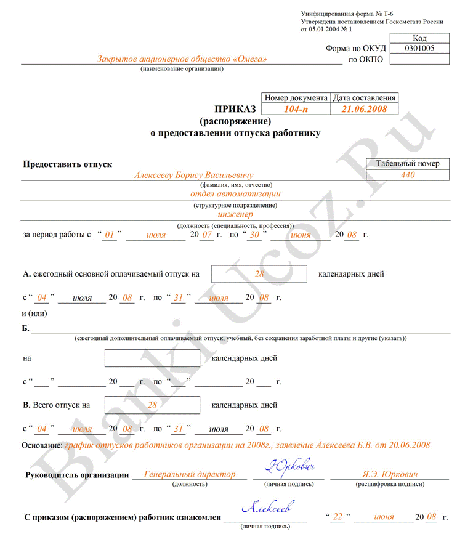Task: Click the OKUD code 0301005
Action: click(x=419, y=49)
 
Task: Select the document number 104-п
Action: click(x=296, y=109)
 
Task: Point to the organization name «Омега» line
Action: click(x=182, y=59)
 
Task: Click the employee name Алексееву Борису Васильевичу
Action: click(x=194, y=176)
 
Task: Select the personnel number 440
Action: click(x=408, y=175)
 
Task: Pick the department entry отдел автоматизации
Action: click(x=235, y=194)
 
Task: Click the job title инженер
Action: click(x=235, y=214)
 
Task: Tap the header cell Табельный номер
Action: click(x=408, y=164)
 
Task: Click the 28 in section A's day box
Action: click(x=259, y=274)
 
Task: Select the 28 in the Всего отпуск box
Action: click(x=153, y=405)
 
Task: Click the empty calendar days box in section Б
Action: click(x=152, y=358)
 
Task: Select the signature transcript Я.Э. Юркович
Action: click(x=390, y=475)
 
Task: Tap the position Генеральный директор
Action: click(x=190, y=475)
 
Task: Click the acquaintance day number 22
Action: click(x=337, y=517)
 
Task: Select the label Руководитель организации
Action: click(x=77, y=475)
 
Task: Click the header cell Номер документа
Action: click(x=296, y=98)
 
